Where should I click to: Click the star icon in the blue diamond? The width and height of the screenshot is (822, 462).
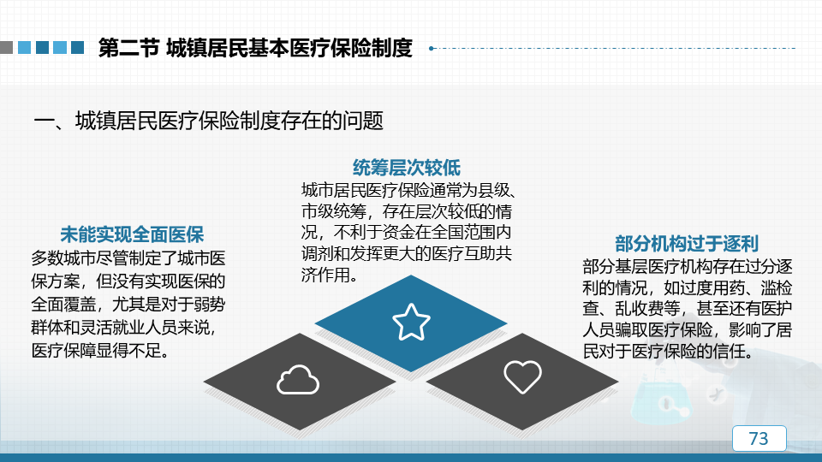[411, 323]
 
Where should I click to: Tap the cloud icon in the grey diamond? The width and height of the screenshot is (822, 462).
[298, 380]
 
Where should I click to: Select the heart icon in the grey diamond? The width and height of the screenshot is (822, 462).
[522, 376]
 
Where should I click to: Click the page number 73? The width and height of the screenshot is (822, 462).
[759, 438]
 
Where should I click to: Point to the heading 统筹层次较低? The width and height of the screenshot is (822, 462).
[406, 168]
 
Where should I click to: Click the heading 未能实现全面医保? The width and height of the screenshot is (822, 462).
[132, 234]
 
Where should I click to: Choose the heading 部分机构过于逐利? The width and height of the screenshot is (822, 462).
[687, 244]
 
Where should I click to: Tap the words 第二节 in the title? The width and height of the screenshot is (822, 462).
[128, 48]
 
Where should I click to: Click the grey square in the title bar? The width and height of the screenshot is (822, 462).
[6, 48]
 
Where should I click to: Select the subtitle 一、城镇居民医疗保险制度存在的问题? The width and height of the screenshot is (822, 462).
[208, 121]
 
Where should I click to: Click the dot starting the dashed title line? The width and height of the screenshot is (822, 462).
[431, 48]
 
